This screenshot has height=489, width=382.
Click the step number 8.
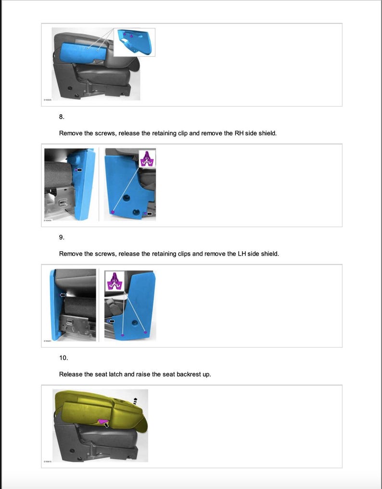click(x=61, y=117)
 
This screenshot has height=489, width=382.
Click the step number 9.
click(x=61, y=237)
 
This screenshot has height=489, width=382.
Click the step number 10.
click(x=63, y=358)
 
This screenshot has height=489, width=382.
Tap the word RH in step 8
click(x=239, y=133)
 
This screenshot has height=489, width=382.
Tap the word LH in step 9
click(x=242, y=254)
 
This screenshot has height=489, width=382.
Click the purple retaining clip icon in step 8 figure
click(x=147, y=159)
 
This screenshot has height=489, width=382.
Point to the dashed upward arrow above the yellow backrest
click(x=136, y=400)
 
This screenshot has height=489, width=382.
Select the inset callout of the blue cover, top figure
click(x=134, y=42)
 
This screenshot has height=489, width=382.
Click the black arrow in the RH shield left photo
click(x=79, y=170)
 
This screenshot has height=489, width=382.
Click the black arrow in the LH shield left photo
click(x=62, y=294)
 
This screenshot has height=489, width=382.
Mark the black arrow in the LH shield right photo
click(x=112, y=320)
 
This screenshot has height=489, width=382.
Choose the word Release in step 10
click(x=71, y=374)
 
